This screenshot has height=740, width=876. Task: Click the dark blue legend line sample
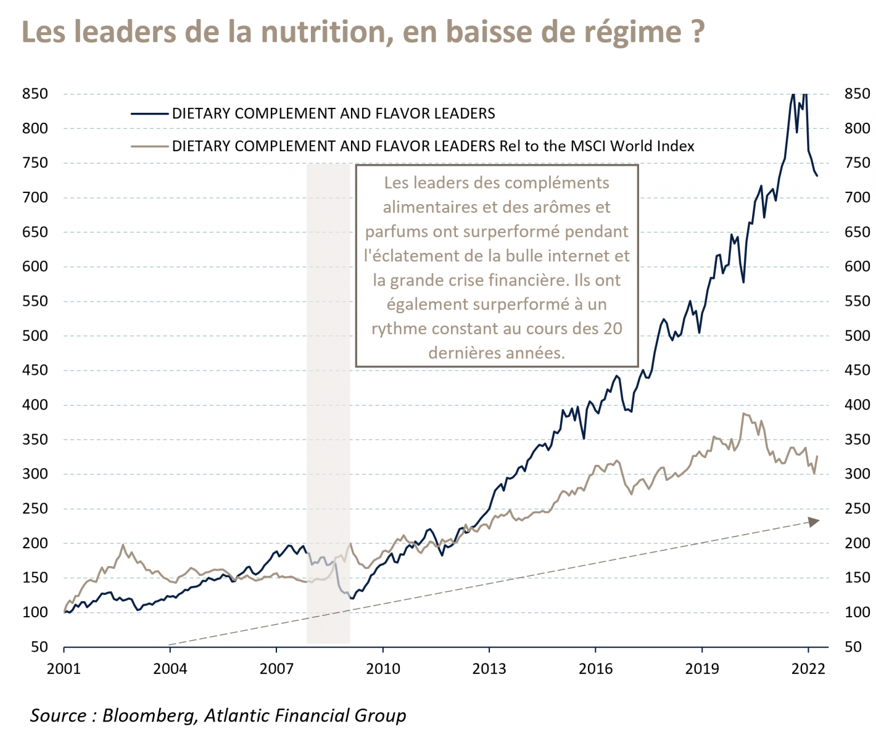pos(149,113)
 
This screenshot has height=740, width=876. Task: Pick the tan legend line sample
pos(149,146)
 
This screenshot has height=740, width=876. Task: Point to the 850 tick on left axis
pos(35,94)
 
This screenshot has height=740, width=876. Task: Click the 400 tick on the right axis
pos(857,405)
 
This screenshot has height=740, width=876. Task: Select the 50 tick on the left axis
pos(39,647)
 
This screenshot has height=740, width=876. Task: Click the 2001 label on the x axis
pos(64,669)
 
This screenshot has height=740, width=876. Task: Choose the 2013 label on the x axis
pos(489,669)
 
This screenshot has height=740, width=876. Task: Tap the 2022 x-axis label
pos(808,669)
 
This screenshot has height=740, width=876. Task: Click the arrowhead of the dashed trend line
pos(814,522)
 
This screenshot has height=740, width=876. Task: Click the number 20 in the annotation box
pos(613,328)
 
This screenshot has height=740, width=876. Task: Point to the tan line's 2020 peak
pos(744,413)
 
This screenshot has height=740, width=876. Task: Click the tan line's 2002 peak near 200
pos(123,545)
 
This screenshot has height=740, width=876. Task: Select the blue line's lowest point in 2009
pos(352,599)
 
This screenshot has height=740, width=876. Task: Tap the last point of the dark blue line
pos(817,176)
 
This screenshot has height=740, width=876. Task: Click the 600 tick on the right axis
pos(857,267)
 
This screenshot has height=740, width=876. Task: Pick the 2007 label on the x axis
pos(276,669)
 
